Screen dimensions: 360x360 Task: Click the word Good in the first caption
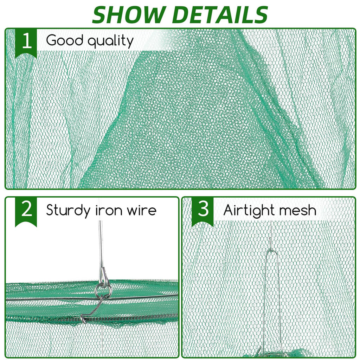64,40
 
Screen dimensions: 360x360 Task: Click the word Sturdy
69,211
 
